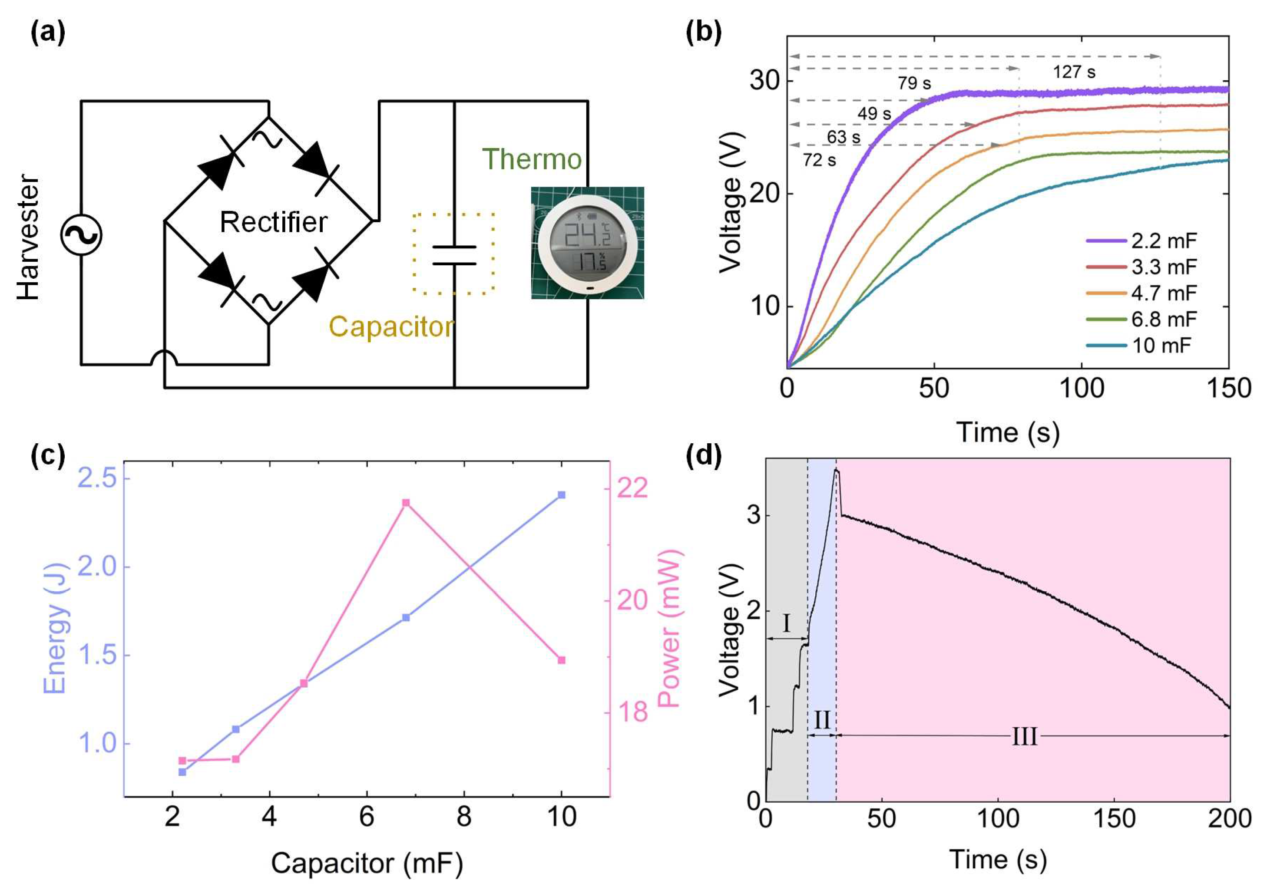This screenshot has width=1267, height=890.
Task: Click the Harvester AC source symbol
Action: pyautogui.click(x=81, y=234)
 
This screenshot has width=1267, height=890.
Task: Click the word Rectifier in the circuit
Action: pyautogui.click(x=273, y=222)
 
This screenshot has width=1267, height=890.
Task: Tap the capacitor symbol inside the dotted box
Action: pyautogui.click(x=453, y=255)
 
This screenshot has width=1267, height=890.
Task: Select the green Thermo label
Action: pyautogui.click(x=532, y=159)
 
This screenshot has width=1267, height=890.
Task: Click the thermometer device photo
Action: pyautogui.click(x=587, y=243)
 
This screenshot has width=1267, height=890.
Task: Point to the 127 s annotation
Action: pyautogui.click(x=1074, y=72)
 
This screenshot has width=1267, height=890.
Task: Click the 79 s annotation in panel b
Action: pyautogui.click(x=914, y=83)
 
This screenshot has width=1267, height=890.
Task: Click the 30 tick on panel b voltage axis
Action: pyautogui.click(x=764, y=82)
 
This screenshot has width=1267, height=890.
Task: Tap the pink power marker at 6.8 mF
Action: pyautogui.click(x=406, y=502)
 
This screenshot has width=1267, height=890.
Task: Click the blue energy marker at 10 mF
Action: pyautogui.click(x=562, y=494)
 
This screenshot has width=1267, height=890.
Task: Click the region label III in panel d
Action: pyautogui.click(x=1024, y=737)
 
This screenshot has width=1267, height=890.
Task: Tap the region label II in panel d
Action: pyautogui.click(x=822, y=720)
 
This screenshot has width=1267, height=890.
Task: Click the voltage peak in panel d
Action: pyautogui.click(x=837, y=470)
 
